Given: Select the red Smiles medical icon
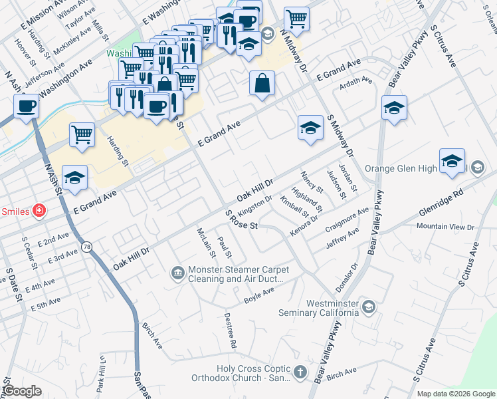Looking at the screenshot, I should click(39, 211).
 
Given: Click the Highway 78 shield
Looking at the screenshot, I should click(87, 247).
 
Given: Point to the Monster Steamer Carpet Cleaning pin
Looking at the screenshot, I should click(177, 271).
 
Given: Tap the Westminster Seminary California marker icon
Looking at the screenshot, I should click(369, 306).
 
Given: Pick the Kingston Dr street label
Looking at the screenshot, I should click(255, 199).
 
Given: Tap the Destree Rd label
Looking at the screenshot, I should click(230, 331).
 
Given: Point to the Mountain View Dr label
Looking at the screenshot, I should click(445, 227).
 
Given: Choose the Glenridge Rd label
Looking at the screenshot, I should click(441, 201).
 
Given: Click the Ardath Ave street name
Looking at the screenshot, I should click(356, 81).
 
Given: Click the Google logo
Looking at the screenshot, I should click(22, 390).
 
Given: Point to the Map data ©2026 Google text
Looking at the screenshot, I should click(456, 394).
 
